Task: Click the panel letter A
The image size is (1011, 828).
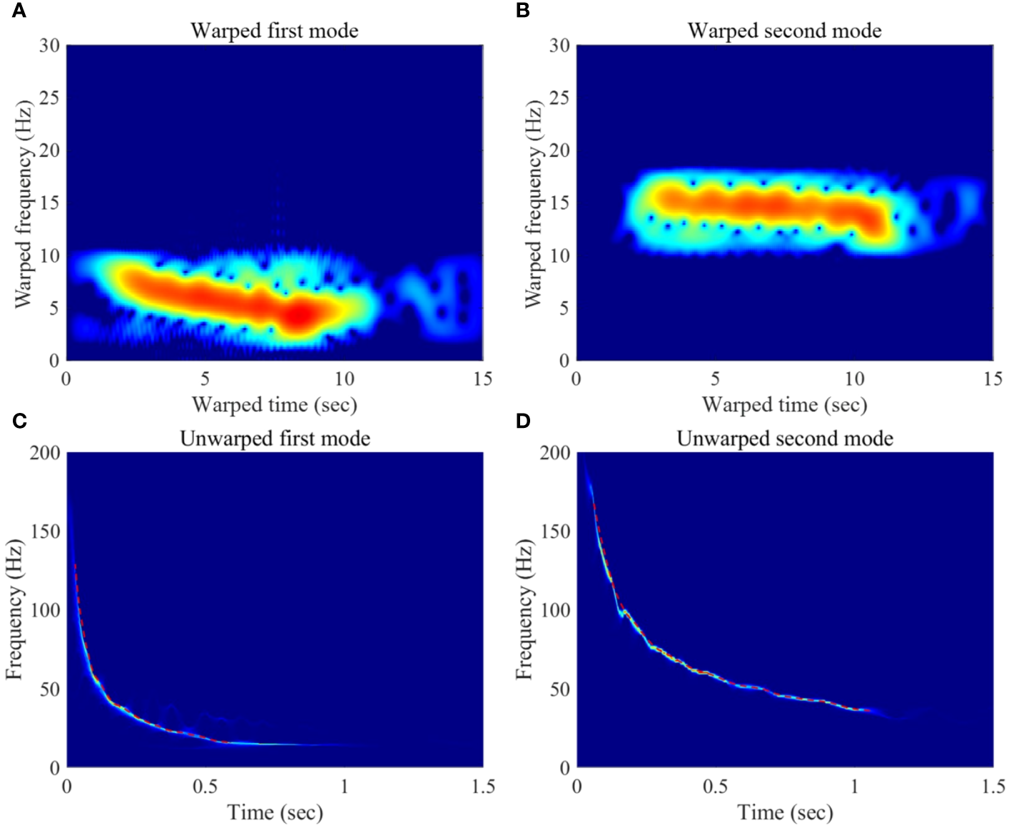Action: pos(19,11)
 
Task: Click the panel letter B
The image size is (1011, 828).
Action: pos(523,11)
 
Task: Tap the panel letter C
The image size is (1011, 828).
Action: pos(19,421)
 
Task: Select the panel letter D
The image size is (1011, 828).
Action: pos(523,421)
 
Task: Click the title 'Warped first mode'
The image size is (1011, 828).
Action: pos(274,31)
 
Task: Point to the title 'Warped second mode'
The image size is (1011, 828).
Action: pos(784,31)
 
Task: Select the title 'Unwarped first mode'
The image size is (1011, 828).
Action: pos(275,438)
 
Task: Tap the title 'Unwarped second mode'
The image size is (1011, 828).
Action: pos(784,438)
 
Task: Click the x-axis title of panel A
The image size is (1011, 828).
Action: pos(274,405)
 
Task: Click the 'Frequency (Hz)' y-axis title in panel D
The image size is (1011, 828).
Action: pos(524,610)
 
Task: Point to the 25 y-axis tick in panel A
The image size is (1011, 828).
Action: pos(49,98)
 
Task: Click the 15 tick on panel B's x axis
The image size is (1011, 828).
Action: pos(992,379)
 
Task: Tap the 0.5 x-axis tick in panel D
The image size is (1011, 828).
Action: pos(715,786)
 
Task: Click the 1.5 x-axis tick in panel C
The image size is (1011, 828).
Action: pos(483,786)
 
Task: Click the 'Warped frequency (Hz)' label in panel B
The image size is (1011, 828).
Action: pos(533,203)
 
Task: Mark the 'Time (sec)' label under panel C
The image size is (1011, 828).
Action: pos(275,812)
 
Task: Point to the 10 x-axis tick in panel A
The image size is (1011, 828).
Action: pos(344,379)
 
